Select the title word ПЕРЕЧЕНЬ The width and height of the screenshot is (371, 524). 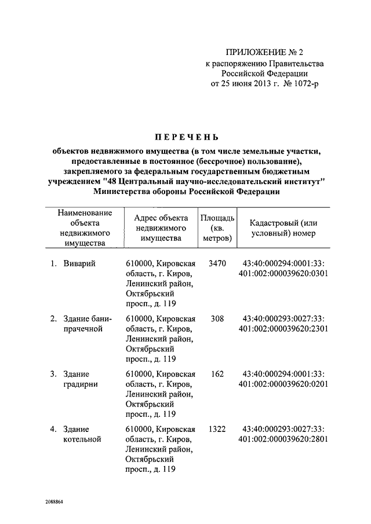click(x=185, y=137)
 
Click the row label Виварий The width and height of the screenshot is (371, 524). click(x=79, y=263)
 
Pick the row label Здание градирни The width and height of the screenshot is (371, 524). click(x=80, y=379)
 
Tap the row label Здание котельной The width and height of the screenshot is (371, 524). click(x=82, y=434)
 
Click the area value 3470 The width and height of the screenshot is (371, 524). click(x=217, y=263)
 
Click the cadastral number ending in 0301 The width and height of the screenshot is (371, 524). click(x=283, y=269)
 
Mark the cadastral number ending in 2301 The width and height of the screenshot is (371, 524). click(x=283, y=324)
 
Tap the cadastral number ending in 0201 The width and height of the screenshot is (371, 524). click(x=283, y=379)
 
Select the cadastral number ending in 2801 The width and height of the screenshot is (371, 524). click(x=283, y=434)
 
